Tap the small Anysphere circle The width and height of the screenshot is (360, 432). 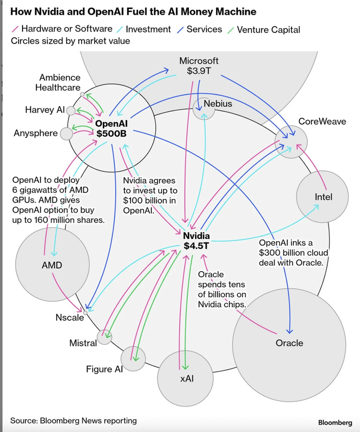[66, 133]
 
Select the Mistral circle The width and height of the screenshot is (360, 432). [105, 337]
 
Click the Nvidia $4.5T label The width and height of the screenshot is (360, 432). [196, 240]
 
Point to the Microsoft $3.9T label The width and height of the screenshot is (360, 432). [199, 66]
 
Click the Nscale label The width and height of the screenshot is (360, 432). [69, 317]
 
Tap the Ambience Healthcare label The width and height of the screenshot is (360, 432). [58, 82]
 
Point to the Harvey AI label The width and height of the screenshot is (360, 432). [45, 110]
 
